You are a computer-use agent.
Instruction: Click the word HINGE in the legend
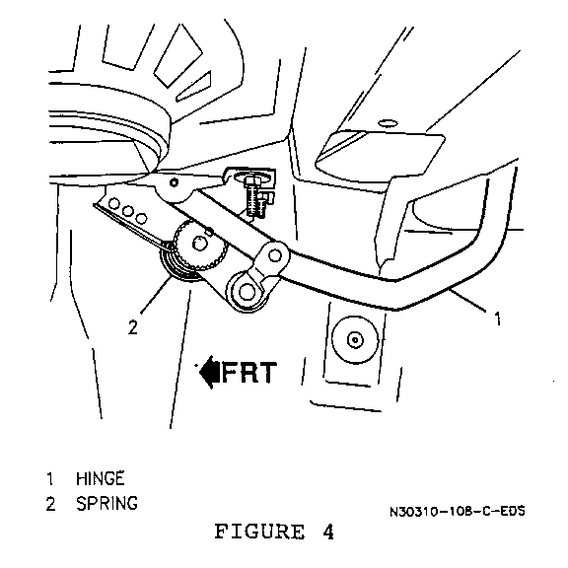pos(100,478)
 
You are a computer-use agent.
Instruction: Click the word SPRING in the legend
pos(106,503)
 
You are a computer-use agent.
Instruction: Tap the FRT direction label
pos(249,372)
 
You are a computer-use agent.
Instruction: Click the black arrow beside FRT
pos(209,372)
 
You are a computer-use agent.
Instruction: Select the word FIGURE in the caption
pos(259,532)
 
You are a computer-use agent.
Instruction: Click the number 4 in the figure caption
pos(327,532)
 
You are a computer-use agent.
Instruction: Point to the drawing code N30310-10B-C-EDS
pos(458,511)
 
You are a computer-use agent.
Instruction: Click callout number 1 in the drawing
pos(498,319)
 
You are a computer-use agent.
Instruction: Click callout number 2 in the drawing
pos(133,327)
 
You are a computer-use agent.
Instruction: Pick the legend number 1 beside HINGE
pos(50,478)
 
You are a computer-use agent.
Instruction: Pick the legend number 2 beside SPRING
pos(50,504)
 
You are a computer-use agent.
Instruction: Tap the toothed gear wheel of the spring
pos(200,245)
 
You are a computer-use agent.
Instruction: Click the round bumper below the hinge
pos(355,339)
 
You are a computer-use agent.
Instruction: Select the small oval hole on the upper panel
pos(388,123)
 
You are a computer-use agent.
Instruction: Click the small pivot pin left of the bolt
pos(174,182)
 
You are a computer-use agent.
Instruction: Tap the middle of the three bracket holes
pos(127,211)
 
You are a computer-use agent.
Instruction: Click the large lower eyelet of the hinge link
pos(247,291)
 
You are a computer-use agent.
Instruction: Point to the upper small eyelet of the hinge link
pos(274,255)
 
